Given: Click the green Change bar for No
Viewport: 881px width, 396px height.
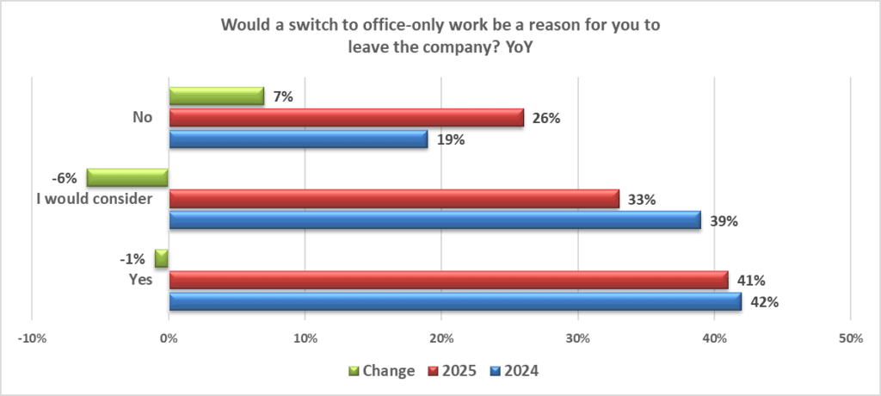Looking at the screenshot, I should pyautogui.click(x=216, y=96).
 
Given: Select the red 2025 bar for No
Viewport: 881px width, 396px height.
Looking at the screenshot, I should pyautogui.click(x=346, y=118).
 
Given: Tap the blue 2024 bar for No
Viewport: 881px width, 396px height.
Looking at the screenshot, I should pyautogui.click(x=298, y=139).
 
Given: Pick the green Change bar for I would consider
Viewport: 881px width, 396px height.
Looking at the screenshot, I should pyautogui.click(x=127, y=178).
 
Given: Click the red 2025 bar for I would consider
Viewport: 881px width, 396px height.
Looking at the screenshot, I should pyautogui.click(x=394, y=199).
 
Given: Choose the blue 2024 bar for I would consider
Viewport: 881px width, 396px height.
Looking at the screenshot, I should pyautogui.click(x=434, y=220).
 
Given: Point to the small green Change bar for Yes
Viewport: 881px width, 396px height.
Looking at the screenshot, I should pyautogui.click(x=162, y=259).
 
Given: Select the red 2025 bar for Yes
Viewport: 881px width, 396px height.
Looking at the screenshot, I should pyautogui.click(x=448, y=280).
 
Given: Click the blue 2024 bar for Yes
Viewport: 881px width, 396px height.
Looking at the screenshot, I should pyautogui.click(x=455, y=301).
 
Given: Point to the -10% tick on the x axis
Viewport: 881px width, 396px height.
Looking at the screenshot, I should pyautogui.click(x=32, y=339).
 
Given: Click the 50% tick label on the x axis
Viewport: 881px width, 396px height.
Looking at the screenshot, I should pyautogui.click(x=850, y=339).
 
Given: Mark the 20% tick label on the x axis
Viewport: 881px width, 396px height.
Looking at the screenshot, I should pyautogui.click(x=441, y=339).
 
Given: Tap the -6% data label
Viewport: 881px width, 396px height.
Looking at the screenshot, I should pyautogui.click(x=65, y=178).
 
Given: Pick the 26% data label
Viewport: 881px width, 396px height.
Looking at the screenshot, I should pyautogui.click(x=546, y=118).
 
